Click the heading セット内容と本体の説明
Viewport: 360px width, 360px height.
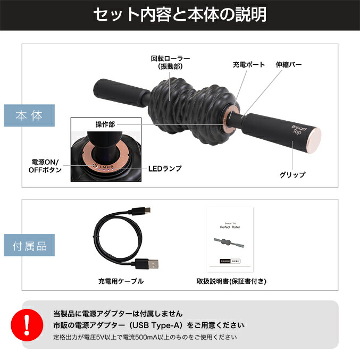pyautogui.click(x=180, y=15)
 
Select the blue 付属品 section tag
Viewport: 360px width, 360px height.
pyautogui.click(x=29, y=246)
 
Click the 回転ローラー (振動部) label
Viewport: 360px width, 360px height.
pyautogui.click(x=170, y=62)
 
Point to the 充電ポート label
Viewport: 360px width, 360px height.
pyautogui.click(x=247, y=65)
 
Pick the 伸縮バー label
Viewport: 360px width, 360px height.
pyautogui.click(x=289, y=65)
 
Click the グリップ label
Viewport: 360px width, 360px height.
pyautogui.click(x=292, y=174)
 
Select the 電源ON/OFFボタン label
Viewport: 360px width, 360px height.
pyautogui.click(x=45, y=165)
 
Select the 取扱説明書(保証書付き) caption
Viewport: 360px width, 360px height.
pyautogui.click(x=231, y=281)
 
